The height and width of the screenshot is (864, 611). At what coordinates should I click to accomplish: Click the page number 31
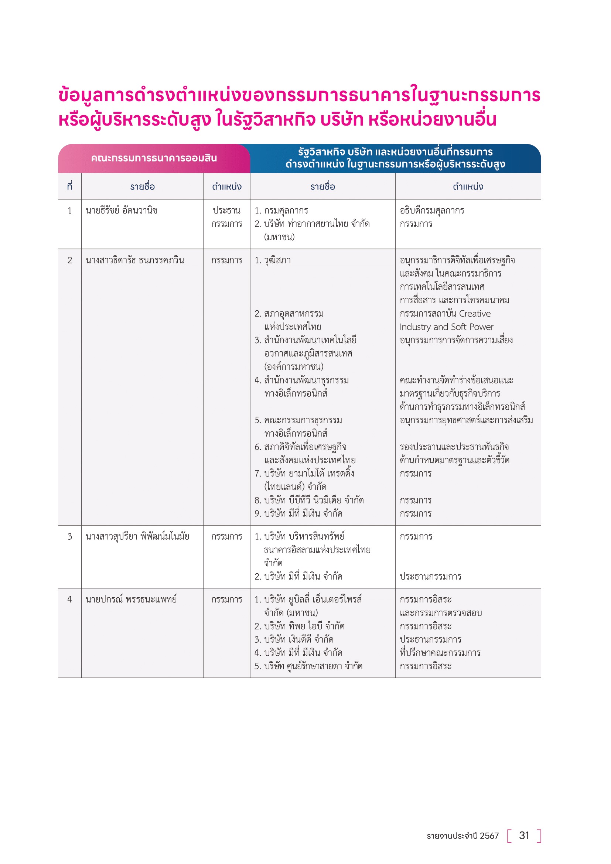(524, 836)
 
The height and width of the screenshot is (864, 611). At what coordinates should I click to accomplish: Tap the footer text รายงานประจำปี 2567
(462, 836)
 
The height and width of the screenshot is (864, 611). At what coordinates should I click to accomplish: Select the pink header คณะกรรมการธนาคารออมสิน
(154, 158)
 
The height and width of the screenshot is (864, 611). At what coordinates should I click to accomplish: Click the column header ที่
(69, 186)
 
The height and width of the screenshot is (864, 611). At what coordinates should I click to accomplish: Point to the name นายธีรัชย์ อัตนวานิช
(122, 210)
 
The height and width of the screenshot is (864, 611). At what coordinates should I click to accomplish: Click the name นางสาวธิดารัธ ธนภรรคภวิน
(135, 260)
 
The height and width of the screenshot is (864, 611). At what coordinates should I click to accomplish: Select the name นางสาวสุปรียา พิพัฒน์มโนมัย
(137, 536)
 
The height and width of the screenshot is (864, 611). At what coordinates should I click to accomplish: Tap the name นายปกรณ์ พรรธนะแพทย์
(131, 599)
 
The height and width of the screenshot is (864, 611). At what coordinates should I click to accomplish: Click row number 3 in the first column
(69, 536)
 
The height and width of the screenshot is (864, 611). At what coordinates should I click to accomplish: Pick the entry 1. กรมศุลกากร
(281, 210)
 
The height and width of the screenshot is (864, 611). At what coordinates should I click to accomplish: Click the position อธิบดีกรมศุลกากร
(432, 210)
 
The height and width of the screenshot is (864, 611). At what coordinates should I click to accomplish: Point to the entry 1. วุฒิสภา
(273, 260)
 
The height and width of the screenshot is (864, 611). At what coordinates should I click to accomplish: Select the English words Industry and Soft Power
(446, 327)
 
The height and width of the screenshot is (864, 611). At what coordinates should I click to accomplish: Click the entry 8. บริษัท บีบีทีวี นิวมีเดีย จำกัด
(309, 500)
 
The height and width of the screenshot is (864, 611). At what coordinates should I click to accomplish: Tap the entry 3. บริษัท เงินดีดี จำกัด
(294, 639)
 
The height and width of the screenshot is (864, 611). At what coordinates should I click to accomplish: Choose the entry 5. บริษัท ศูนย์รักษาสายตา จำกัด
(308, 666)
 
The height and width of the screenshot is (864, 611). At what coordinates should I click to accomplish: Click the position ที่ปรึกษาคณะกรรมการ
(440, 652)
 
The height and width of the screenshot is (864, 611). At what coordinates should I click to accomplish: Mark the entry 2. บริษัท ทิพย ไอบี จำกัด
(300, 626)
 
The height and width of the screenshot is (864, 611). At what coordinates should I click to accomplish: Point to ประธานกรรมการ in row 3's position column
(430, 576)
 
